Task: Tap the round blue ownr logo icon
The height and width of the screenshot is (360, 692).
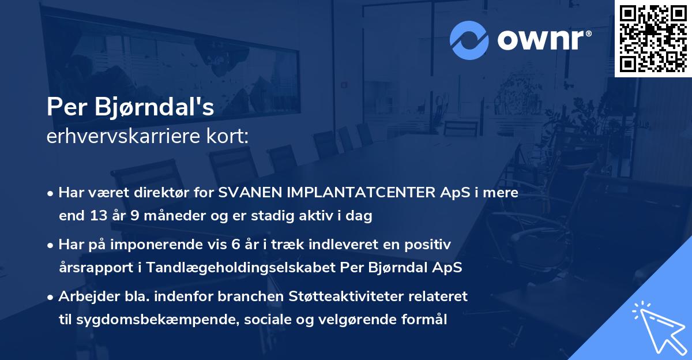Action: (x=469, y=40)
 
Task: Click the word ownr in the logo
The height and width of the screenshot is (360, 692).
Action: (x=537, y=40)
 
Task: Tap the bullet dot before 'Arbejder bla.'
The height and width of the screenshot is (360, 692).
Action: (x=51, y=297)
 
